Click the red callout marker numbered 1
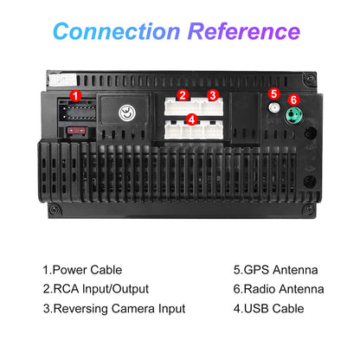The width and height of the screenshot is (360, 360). [x=75, y=96]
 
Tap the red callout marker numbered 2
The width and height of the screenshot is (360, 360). [x=183, y=95]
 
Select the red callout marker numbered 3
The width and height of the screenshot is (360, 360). [x=213, y=95]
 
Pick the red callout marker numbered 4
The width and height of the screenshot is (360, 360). [x=192, y=119]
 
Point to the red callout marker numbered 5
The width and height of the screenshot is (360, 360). [x=273, y=93]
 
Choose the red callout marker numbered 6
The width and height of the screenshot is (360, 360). [x=293, y=100]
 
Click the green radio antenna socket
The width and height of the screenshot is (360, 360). [x=293, y=115]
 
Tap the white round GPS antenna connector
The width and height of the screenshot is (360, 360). [x=274, y=108]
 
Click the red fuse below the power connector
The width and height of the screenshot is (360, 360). [x=76, y=131]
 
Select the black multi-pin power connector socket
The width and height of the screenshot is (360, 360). [x=77, y=111]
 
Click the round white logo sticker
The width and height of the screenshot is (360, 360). [x=127, y=112]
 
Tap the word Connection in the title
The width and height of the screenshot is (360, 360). [x=117, y=31]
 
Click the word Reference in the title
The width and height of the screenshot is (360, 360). [x=244, y=31]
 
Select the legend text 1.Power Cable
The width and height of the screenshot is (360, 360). [x=82, y=270]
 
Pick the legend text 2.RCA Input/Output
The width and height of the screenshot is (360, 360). [x=96, y=289]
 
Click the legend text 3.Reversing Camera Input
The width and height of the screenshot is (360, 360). [x=114, y=309]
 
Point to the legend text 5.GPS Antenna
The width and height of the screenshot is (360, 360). [x=276, y=270]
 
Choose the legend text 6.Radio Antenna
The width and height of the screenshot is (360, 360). [x=279, y=289]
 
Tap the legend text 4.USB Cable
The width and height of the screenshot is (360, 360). [x=268, y=309]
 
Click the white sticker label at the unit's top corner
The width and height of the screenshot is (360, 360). [x=63, y=80]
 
